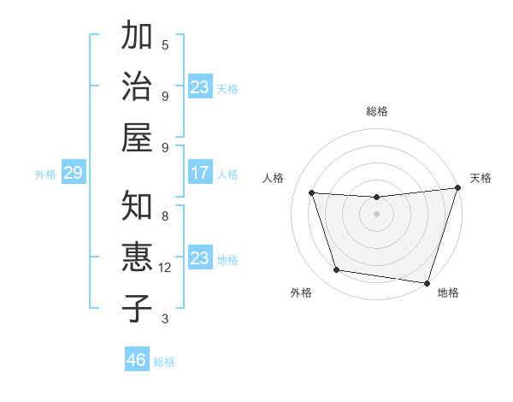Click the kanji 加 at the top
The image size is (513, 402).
pyautogui.click(x=137, y=36)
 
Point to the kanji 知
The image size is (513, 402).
pyautogui.click(x=137, y=206)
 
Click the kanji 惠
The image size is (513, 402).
pyautogui.click(x=137, y=257)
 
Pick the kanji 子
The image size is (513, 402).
pyautogui.click(x=137, y=308)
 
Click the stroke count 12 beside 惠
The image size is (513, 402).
pyautogui.click(x=166, y=268)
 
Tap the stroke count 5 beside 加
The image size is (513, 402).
pyautogui.click(x=165, y=45)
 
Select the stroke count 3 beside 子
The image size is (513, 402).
pyautogui.click(x=165, y=319)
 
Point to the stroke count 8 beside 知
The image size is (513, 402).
pyautogui.click(x=165, y=216)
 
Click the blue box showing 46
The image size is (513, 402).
pyautogui.click(x=137, y=360)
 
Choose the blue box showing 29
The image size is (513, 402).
pyautogui.click(x=73, y=174)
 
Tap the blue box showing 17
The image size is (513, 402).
pyautogui.click(x=200, y=173)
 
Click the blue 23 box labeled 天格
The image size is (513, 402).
pyautogui.click(x=200, y=87)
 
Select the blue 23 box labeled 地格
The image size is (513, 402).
pyautogui.click(x=200, y=258)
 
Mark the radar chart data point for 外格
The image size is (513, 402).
pyautogui.click(x=337, y=270)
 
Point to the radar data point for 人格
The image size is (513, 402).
pyautogui.click(x=312, y=193)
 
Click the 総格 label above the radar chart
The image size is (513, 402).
pyautogui.click(x=377, y=111)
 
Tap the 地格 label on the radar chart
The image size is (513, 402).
pyautogui.click(x=448, y=293)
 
